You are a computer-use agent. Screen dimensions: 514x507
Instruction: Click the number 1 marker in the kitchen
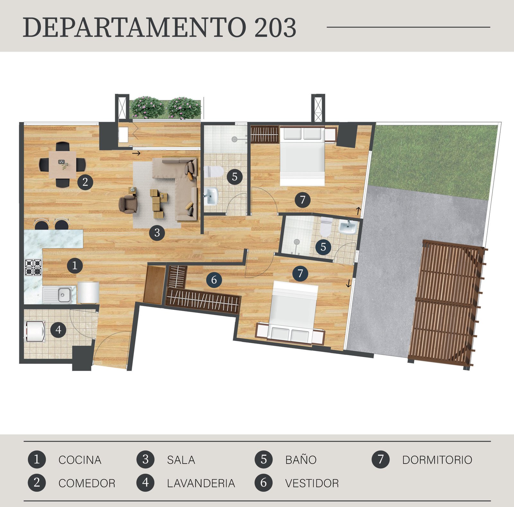coord(75,266)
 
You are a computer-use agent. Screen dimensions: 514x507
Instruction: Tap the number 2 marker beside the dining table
coord(85,182)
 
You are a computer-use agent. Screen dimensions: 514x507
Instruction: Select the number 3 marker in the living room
coord(157,232)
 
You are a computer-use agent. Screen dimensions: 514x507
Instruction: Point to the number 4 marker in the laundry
coord(58,330)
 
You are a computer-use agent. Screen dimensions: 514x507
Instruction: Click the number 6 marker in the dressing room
coord(214,280)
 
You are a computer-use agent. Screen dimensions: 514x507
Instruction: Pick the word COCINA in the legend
coord(80,460)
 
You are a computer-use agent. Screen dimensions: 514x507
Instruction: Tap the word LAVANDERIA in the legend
coord(201,483)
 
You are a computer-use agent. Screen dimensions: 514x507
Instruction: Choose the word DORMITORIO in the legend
coord(437,460)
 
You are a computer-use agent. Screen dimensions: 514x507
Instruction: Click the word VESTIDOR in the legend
coord(312,483)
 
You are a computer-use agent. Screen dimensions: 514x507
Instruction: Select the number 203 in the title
coord(275,28)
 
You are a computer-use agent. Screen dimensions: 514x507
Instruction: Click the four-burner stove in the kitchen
coord(33,267)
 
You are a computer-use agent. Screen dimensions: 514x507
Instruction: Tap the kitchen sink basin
coord(64,294)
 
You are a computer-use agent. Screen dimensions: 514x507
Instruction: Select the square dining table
coord(63,164)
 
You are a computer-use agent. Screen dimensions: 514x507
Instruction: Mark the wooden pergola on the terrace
coord(447,304)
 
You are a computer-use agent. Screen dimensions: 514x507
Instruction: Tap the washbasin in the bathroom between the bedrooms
coord(348,227)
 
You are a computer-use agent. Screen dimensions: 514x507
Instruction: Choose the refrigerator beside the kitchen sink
coord(88,293)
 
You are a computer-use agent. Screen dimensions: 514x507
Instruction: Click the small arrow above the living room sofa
coord(136,153)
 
